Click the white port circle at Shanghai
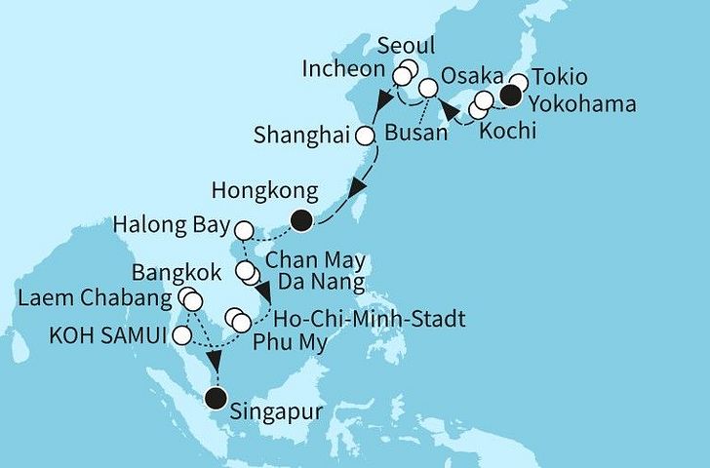pyautogui.click(x=365, y=136)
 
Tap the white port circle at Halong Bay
pyautogui.click(x=244, y=230)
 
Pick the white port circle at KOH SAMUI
pyautogui.click(x=181, y=336)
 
